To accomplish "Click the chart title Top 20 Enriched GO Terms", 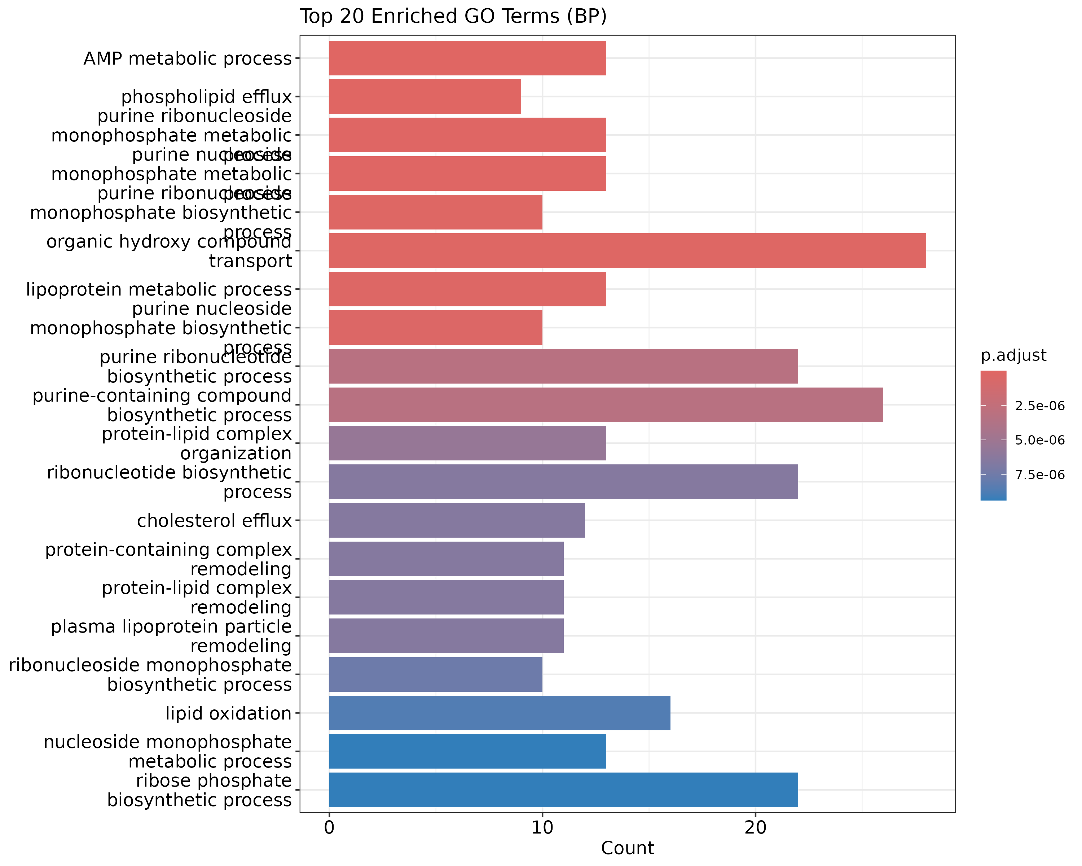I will pyautogui.click(x=453, y=17).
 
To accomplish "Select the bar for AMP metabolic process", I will pyautogui.click(x=467, y=58).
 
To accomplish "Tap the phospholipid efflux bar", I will pyautogui.click(x=425, y=96).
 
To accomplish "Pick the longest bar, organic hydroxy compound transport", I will pyautogui.click(x=627, y=250).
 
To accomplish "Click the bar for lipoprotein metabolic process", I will pyautogui.click(x=467, y=289).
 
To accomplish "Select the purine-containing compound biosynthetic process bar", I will pyautogui.click(x=606, y=404).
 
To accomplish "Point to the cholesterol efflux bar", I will pyautogui.click(x=457, y=520).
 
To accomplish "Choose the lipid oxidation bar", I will pyautogui.click(x=500, y=713).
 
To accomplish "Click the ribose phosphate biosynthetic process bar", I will pyautogui.click(x=563, y=790).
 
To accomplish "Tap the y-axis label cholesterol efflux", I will pyautogui.click(x=214, y=521).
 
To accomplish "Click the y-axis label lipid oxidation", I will pyautogui.click(x=228, y=713).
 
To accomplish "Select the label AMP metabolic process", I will pyautogui.click(x=187, y=59).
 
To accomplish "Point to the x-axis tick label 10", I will pyautogui.click(x=542, y=827).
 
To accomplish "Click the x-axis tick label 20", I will pyautogui.click(x=755, y=827).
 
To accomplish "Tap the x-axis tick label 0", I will pyautogui.click(x=329, y=827).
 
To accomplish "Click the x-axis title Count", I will pyautogui.click(x=627, y=848).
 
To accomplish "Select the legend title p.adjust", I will pyautogui.click(x=1013, y=355).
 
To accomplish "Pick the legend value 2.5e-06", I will pyautogui.click(x=1039, y=406).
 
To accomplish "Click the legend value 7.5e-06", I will pyautogui.click(x=1039, y=475).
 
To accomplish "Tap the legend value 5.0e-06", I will pyautogui.click(x=1039, y=440).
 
